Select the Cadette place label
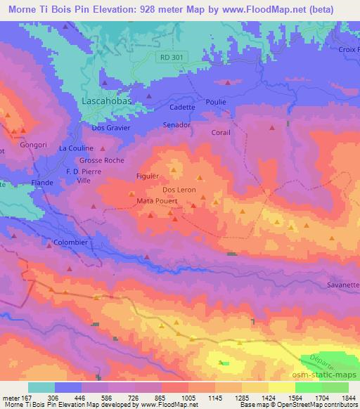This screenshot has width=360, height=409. pos(182,108)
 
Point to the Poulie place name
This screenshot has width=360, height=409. pos(216,102)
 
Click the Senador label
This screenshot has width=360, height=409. pos(176,125)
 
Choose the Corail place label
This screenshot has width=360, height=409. pos(221,132)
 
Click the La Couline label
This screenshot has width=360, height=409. pos(76,148)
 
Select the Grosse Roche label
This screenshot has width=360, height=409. pos(102,160)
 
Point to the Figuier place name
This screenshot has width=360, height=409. pos(148,176)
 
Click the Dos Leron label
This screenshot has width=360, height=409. pos(179,190)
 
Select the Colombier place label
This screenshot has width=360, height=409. pos(70,242)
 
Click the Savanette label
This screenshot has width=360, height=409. pos(343,285)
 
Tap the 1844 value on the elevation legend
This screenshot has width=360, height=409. pos(349,398)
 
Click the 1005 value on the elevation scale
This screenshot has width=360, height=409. pos(189,398)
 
